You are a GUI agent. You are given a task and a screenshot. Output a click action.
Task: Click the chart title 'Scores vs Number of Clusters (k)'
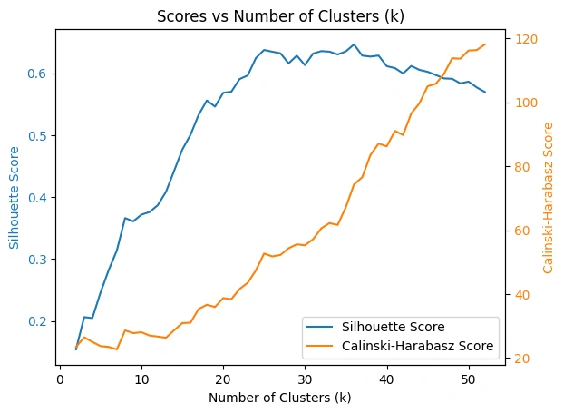click(x=280, y=15)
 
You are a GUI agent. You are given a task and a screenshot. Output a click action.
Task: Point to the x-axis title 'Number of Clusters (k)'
click(x=279, y=398)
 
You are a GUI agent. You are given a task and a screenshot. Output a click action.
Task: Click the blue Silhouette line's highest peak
click(x=354, y=44)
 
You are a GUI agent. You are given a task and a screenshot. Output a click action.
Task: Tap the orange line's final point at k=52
click(x=485, y=44)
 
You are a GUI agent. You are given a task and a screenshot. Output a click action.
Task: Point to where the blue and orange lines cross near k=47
click(x=442, y=77)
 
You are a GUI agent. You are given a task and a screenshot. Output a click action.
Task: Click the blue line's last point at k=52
click(x=485, y=92)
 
